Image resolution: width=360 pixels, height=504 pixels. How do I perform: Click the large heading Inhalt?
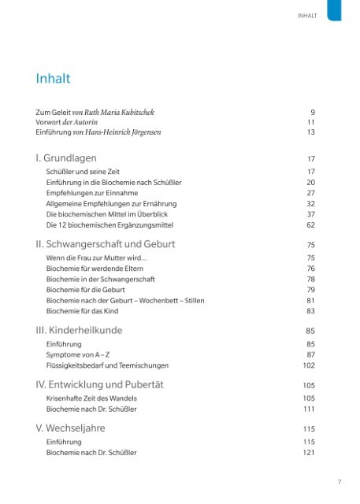tap(54, 79)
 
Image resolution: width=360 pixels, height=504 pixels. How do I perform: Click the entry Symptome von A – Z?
tap(76, 354)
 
